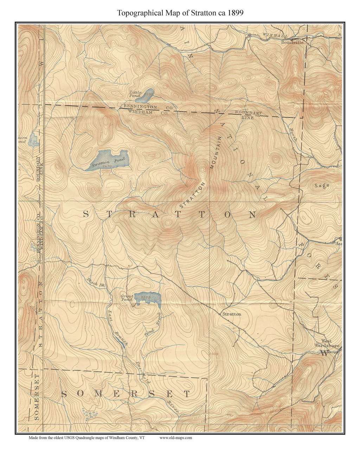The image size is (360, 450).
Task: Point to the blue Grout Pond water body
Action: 148,298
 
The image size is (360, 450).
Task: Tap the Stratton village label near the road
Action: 232,314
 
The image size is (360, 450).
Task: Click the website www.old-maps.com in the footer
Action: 175,438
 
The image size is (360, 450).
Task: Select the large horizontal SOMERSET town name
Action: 126,394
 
